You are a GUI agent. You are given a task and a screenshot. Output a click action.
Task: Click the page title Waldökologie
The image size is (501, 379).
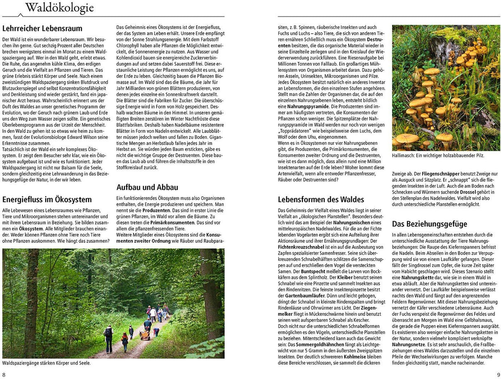(x=59, y=8)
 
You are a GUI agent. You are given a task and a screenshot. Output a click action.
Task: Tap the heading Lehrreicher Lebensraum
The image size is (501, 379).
(x=43, y=28)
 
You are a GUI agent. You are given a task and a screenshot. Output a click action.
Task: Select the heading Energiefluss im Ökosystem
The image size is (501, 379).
(x=47, y=199)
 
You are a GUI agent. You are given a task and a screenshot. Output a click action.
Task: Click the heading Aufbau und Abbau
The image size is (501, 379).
(x=147, y=187)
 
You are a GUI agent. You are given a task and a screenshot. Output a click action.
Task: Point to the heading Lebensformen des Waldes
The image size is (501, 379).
(x=321, y=199)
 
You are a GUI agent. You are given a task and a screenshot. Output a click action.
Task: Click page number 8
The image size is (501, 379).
(x=4, y=374)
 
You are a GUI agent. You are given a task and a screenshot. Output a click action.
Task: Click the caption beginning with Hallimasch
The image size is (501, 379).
(x=438, y=156)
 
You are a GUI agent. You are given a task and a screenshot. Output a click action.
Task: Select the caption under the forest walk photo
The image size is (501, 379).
(x=46, y=363)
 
